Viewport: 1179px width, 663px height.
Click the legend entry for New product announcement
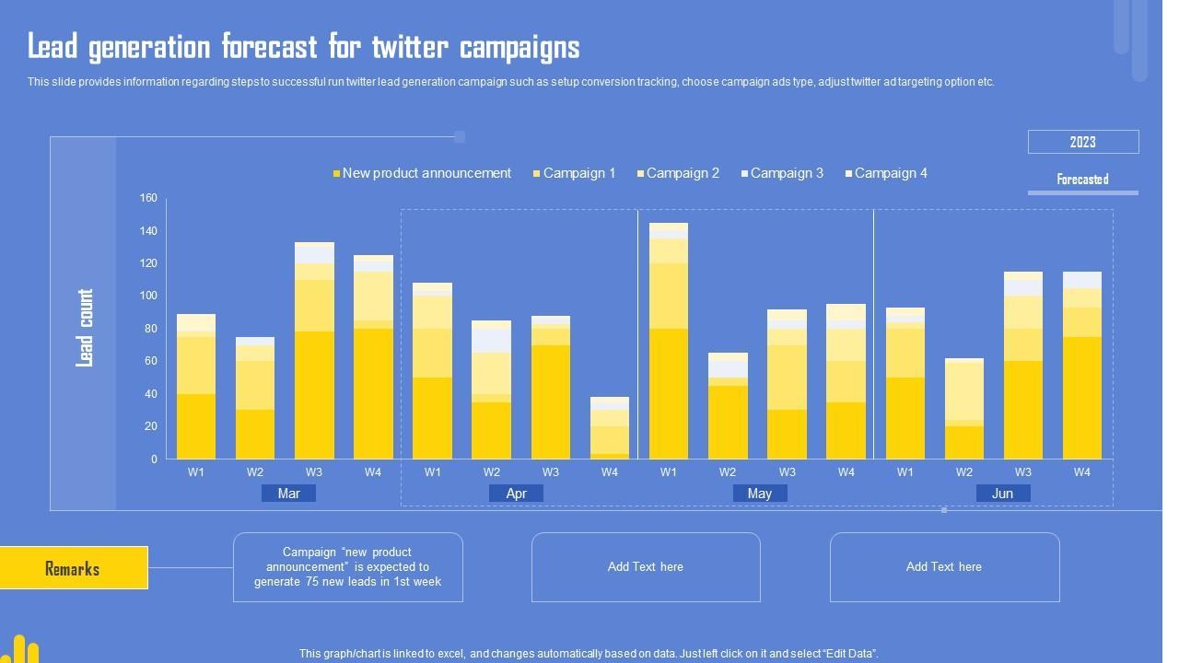point(426,173)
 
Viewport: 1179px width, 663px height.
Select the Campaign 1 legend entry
point(578,173)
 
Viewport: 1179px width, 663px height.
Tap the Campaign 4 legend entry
point(890,173)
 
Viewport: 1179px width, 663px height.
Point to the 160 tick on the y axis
point(148,198)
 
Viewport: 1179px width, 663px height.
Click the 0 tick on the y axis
point(153,459)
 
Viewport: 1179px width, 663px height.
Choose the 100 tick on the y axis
point(148,296)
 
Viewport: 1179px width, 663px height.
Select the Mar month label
point(288,494)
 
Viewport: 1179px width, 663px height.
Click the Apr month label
point(516,494)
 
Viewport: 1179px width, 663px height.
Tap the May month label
point(759,494)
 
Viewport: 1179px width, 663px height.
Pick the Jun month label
point(1002,494)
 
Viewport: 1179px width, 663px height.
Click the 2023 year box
point(1082,142)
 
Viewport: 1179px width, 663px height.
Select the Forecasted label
point(1082,180)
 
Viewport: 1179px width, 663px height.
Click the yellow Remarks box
point(73,568)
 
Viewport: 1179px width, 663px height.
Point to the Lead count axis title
point(85,328)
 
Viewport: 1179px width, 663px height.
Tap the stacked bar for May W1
point(668,341)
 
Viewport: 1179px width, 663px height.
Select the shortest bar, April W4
point(609,428)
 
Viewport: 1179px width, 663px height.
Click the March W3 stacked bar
point(314,351)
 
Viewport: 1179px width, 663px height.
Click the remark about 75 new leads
point(347,567)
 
